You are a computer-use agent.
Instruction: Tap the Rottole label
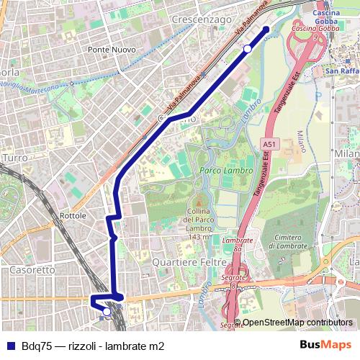pyautogui.click(x=73, y=215)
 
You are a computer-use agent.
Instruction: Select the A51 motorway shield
pyautogui.click(x=269, y=145)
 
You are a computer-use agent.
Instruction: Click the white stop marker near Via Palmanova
pyautogui.click(x=247, y=48)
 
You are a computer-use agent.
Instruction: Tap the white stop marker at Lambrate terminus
pyautogui.click(x=107, y=312)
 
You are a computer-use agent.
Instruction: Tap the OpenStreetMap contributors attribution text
pyautogui.click(x=297, y=323)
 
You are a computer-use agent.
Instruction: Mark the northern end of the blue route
pyautogui.click(x=266, y=30)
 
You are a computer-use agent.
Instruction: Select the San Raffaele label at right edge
pyautogui.click(x=341, y=72)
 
